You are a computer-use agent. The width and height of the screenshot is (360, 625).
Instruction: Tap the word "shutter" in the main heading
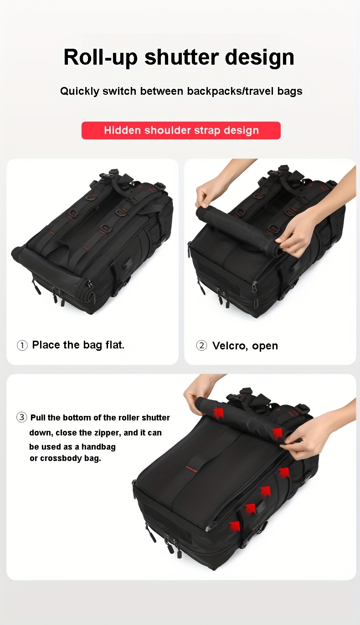(181, 57)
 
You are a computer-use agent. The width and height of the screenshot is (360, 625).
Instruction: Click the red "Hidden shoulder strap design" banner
(181, 130)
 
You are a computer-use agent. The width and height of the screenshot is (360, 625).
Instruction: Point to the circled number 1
(22, 345)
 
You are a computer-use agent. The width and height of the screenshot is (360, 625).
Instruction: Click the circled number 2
(201, 346)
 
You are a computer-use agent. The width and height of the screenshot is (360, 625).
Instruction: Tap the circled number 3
(21, 417)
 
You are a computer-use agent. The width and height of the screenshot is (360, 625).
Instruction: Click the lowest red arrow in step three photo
(234, 526)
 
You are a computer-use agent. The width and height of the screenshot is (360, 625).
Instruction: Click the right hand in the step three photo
(314, 435)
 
